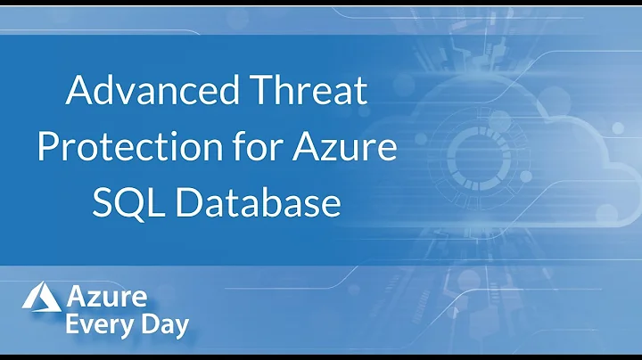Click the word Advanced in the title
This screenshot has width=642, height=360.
pyautogui.click(x=151, y=92)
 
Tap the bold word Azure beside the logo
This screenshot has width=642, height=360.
pyautogui.click(x=106, y=295)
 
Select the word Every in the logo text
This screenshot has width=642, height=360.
pyautogui.click(x=99, y=325)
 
